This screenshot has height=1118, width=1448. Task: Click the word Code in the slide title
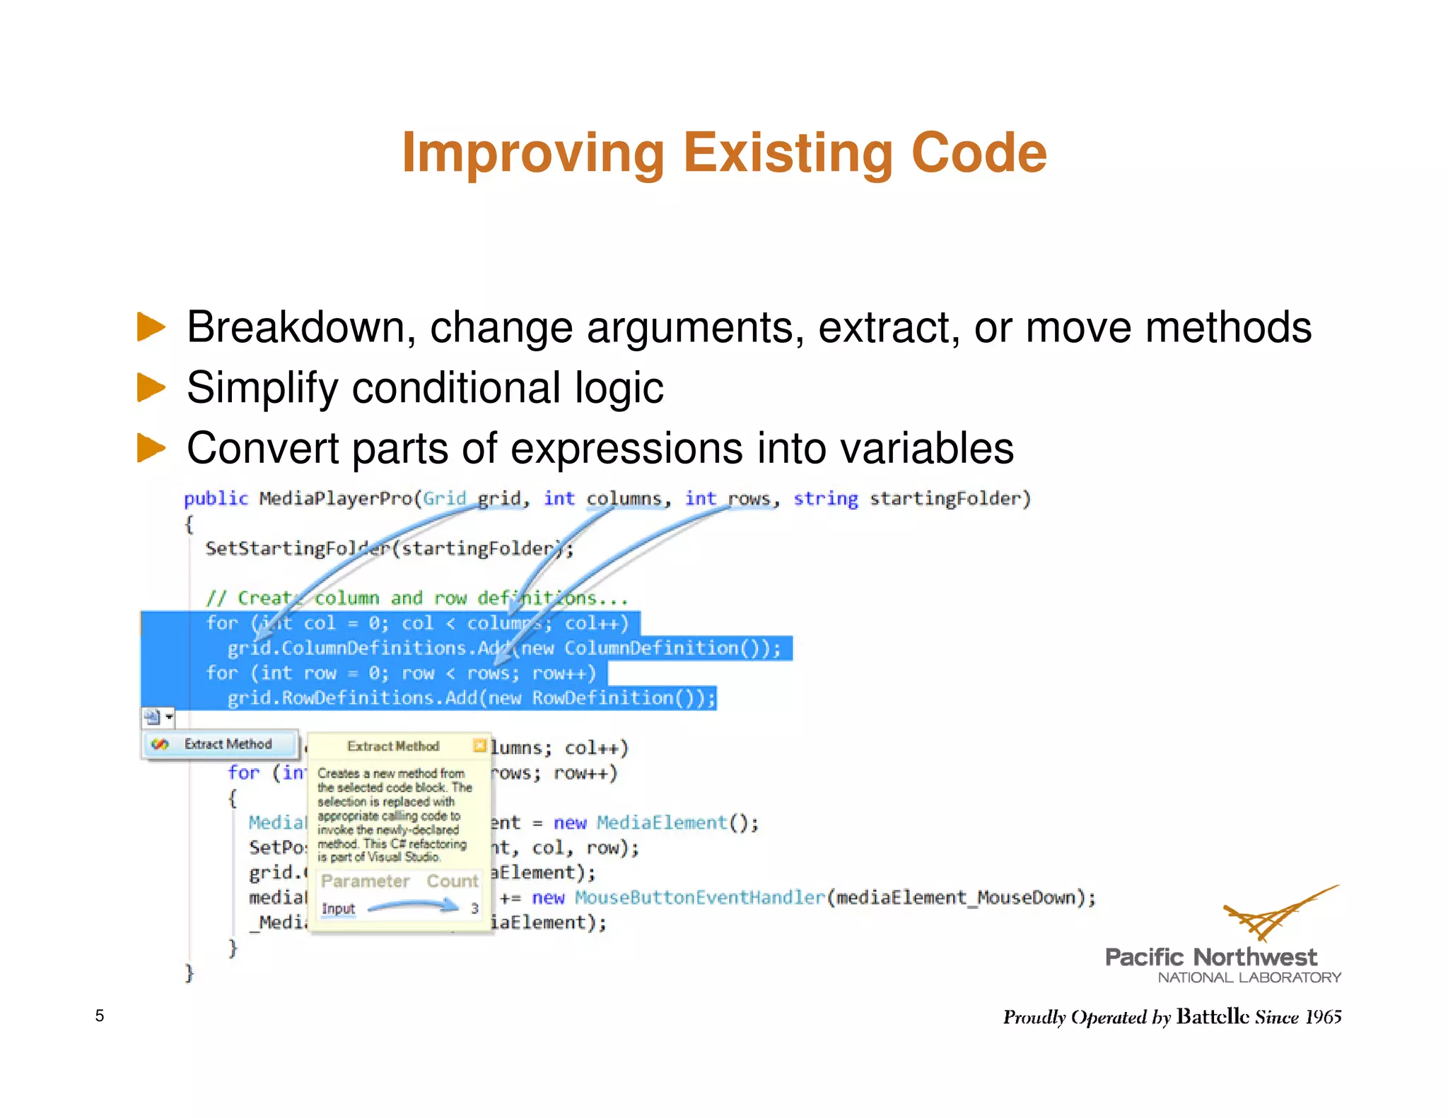(x=979, y=153)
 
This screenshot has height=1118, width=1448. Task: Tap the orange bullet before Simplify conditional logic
(x=150, y=387)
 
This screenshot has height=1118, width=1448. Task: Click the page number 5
(x=100, y=1016)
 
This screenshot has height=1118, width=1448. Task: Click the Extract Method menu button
(x=219, y=744)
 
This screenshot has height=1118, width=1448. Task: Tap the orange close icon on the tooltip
(x=480, y=746)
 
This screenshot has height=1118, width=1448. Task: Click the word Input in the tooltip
(x=338, y=908)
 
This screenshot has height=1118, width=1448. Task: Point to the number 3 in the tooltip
(x=474, y=908)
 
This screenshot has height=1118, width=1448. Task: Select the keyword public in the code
(x=216, y=499)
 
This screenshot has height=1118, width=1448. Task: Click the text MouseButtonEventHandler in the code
(x=699, y=898)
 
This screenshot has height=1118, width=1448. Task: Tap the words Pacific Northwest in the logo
(x=1210, y=957)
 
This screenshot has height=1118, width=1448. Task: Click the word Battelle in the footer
(x=1213, y=1016)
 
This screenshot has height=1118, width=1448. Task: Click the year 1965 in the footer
(x=1323, y=1016)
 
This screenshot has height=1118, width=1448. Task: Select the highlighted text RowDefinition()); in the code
(x=623, y=698)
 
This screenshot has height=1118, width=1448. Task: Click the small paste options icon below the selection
(x=153, y=717)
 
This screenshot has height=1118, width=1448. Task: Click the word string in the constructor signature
(x=825, y=499)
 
